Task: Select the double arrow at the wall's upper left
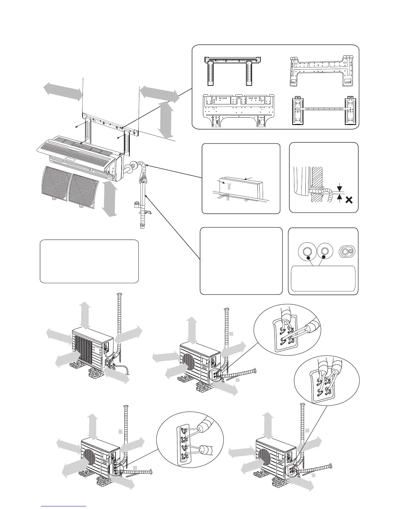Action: tap(63, 91)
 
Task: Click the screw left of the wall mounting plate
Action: tap(76, 127)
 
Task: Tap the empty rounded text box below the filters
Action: tap(89, 261)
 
